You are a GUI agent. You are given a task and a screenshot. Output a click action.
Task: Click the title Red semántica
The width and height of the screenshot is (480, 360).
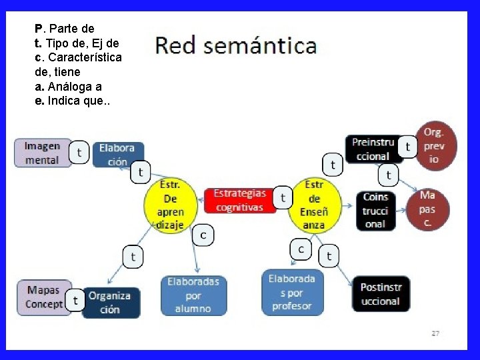point(236,46)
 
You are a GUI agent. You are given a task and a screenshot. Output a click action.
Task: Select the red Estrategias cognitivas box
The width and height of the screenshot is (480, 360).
point(239,201)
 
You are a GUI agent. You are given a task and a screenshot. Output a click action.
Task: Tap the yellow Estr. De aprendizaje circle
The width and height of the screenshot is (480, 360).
point(171,204)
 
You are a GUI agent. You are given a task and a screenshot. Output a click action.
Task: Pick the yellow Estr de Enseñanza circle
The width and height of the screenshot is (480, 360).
point(314,204)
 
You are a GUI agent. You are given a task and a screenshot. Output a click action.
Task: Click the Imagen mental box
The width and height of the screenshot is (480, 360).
point(42,153)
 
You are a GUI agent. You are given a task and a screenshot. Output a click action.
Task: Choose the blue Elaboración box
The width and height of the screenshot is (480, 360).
point(117,155)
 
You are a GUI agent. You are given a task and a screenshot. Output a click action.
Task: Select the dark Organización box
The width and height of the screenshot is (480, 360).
point(111,302)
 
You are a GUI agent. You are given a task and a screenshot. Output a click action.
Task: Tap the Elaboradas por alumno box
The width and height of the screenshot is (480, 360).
point(193,295)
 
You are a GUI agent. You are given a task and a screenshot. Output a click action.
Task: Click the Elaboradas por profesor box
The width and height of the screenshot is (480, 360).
point(291,291)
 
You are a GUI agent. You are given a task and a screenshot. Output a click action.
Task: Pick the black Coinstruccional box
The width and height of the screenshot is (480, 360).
point(375,210)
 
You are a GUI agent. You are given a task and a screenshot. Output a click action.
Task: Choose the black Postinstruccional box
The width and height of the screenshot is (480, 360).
point(381,294)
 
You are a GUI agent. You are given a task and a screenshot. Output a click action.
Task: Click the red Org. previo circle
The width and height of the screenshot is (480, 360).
point(436,146)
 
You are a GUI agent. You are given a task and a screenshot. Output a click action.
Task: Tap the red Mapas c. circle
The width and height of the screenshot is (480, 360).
point(427,209)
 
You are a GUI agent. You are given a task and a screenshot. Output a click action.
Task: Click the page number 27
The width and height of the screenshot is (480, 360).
point(435,333)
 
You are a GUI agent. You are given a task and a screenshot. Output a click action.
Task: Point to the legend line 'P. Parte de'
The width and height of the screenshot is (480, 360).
point(65,29)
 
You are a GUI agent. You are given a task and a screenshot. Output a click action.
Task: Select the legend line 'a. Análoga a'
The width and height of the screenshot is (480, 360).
point(68,87)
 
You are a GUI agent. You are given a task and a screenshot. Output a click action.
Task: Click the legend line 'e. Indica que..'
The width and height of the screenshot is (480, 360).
point(73,101)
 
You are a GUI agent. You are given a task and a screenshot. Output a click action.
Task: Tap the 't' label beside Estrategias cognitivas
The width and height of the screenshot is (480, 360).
point(283,197)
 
